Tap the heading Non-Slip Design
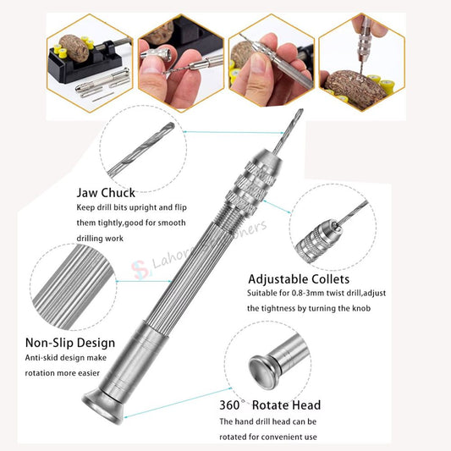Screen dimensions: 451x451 pos(69,344)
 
